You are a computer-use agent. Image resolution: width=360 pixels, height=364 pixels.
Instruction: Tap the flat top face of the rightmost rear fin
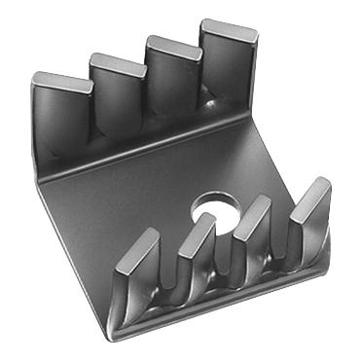[230, 29]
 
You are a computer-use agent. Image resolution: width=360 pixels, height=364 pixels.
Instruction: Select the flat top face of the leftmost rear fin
[60, 81]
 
